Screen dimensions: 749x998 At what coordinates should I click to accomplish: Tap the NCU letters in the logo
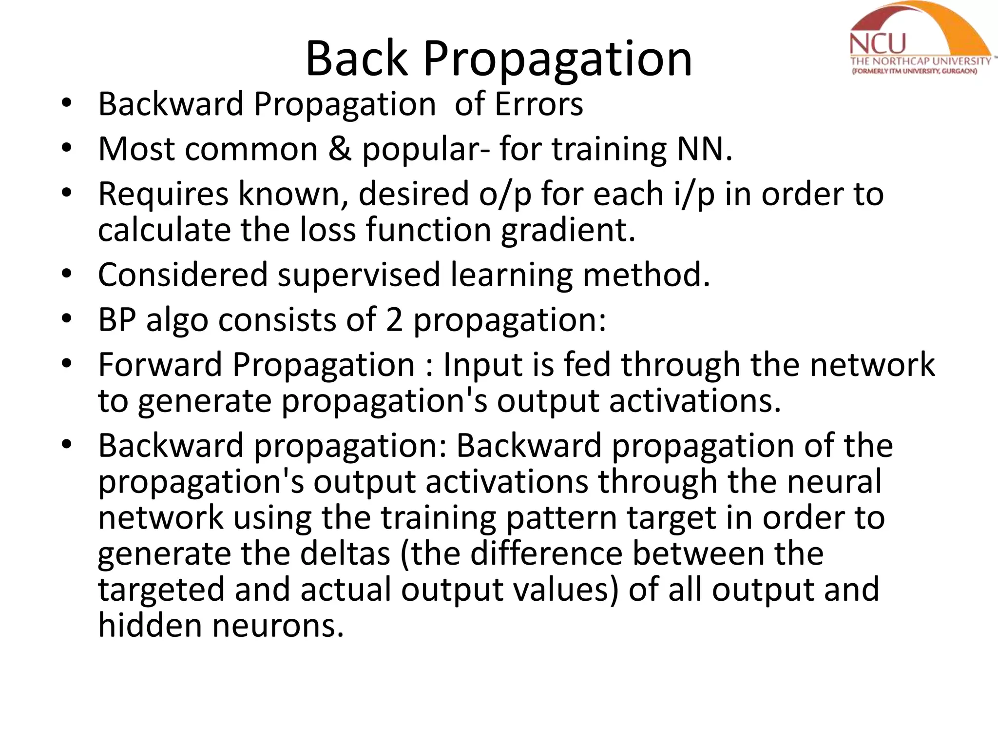(x=877, y=44)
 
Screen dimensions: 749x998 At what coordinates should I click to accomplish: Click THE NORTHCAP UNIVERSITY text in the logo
(x=921, y=61)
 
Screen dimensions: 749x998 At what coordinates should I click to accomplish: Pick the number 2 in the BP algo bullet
(x=394, y=320)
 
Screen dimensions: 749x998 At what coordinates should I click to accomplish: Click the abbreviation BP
(x=117, y=320)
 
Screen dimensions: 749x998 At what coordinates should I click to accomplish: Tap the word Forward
(x=160, y=365)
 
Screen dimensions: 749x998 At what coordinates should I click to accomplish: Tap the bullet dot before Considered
(x=67, y=275)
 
